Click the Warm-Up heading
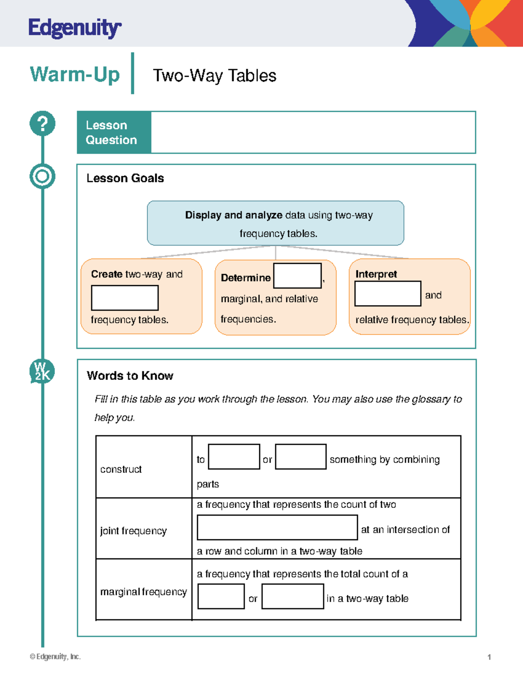pyautogui.click(x=75, y=74)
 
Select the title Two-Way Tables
pyautogui.click(x=214, y=76)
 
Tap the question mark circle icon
pyautogui.click(x=42, y=123)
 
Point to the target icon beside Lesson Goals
pyautogui.click(x=42, y=177)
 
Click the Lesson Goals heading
pyautogui.click(x=125, y=178)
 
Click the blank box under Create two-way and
pyautogui.click(x=125, y=298)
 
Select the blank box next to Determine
pyautogui.click(x=297, y=276)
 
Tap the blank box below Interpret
pyautogui.click(x=387, y=293)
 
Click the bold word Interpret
pyautogui.click(x=376, y=274)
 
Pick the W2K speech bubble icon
pyautogui.click(x=42, y=371)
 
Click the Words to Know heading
pyautogui.click(x=130, y=376)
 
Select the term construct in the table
pyautogui.click(x=121, y=469)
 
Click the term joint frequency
pyautogui.click(x=133, y=531)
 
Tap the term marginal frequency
pyautogui.click(x=143, y=592)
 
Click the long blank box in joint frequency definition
pyautogui.click(x=277, y=527)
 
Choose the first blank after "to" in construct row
pyautogui.click(x=234, y=456)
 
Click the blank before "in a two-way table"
pyautogui.click(x=292, y=596)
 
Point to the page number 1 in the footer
pyautogui.click(x=489, y=657)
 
